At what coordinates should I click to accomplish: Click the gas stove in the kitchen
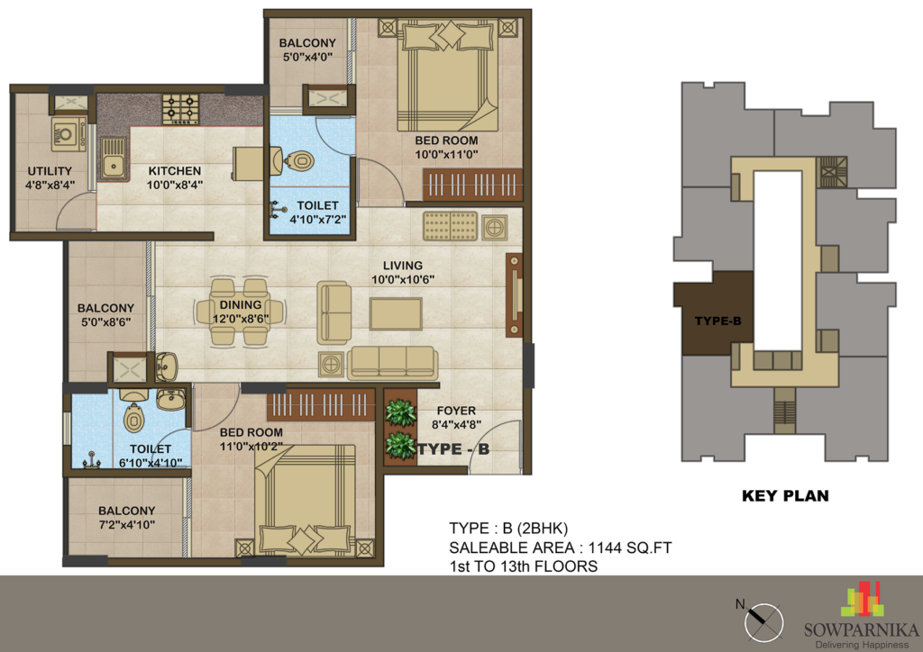(180, 109)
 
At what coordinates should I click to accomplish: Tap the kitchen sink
(113, 158)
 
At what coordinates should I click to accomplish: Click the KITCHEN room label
(175, 171)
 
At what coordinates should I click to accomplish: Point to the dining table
(240, 312)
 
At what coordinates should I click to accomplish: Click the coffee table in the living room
(396, 313)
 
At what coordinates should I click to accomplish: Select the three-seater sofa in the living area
(393, 363)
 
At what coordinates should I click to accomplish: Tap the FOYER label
(456, 411)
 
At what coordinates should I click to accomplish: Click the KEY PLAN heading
(785, 495)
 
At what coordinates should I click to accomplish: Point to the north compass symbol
(763, 622)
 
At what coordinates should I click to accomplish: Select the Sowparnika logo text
(862, 630)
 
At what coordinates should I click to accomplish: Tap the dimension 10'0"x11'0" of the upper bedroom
(446, 155)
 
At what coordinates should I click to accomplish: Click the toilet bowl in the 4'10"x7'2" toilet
(299, 160)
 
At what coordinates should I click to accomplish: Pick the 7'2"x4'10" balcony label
(126, 524)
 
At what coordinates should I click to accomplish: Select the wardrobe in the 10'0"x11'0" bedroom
(472, 186)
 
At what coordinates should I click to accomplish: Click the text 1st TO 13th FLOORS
(524, 566)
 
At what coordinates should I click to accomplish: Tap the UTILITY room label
(50, 171)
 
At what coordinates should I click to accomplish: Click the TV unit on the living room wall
(514, 295)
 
